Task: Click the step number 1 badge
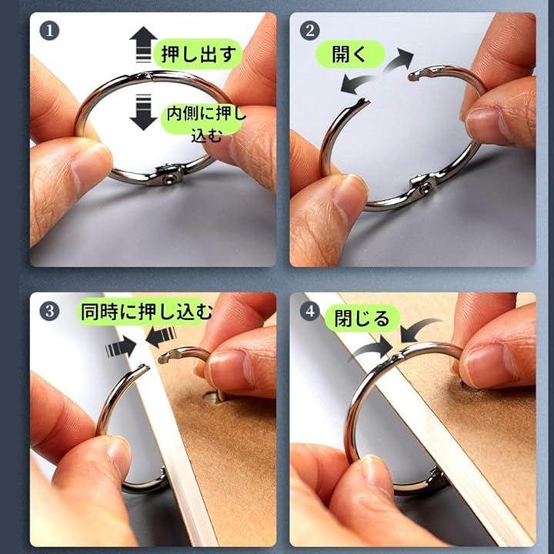(x=49, y=31)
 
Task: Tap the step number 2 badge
(x=309, y=30)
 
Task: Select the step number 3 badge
(x=49, y=311)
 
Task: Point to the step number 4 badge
(x=309, y=311)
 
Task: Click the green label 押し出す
(x=199, y=54)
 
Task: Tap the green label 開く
(x=349, y=54)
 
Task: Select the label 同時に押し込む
(x=146, y=312)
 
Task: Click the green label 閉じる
(x=362, y=318)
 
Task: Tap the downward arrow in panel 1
(x=143, y=112)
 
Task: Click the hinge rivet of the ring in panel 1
(x=168, y=179)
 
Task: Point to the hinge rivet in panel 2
(x=424, y=187)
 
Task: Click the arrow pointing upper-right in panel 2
(x=399, y=62)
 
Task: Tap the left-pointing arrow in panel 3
(x=161, y=337)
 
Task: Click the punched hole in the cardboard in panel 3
(x=215, y=398)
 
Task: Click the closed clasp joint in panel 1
(x=145, y=75)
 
